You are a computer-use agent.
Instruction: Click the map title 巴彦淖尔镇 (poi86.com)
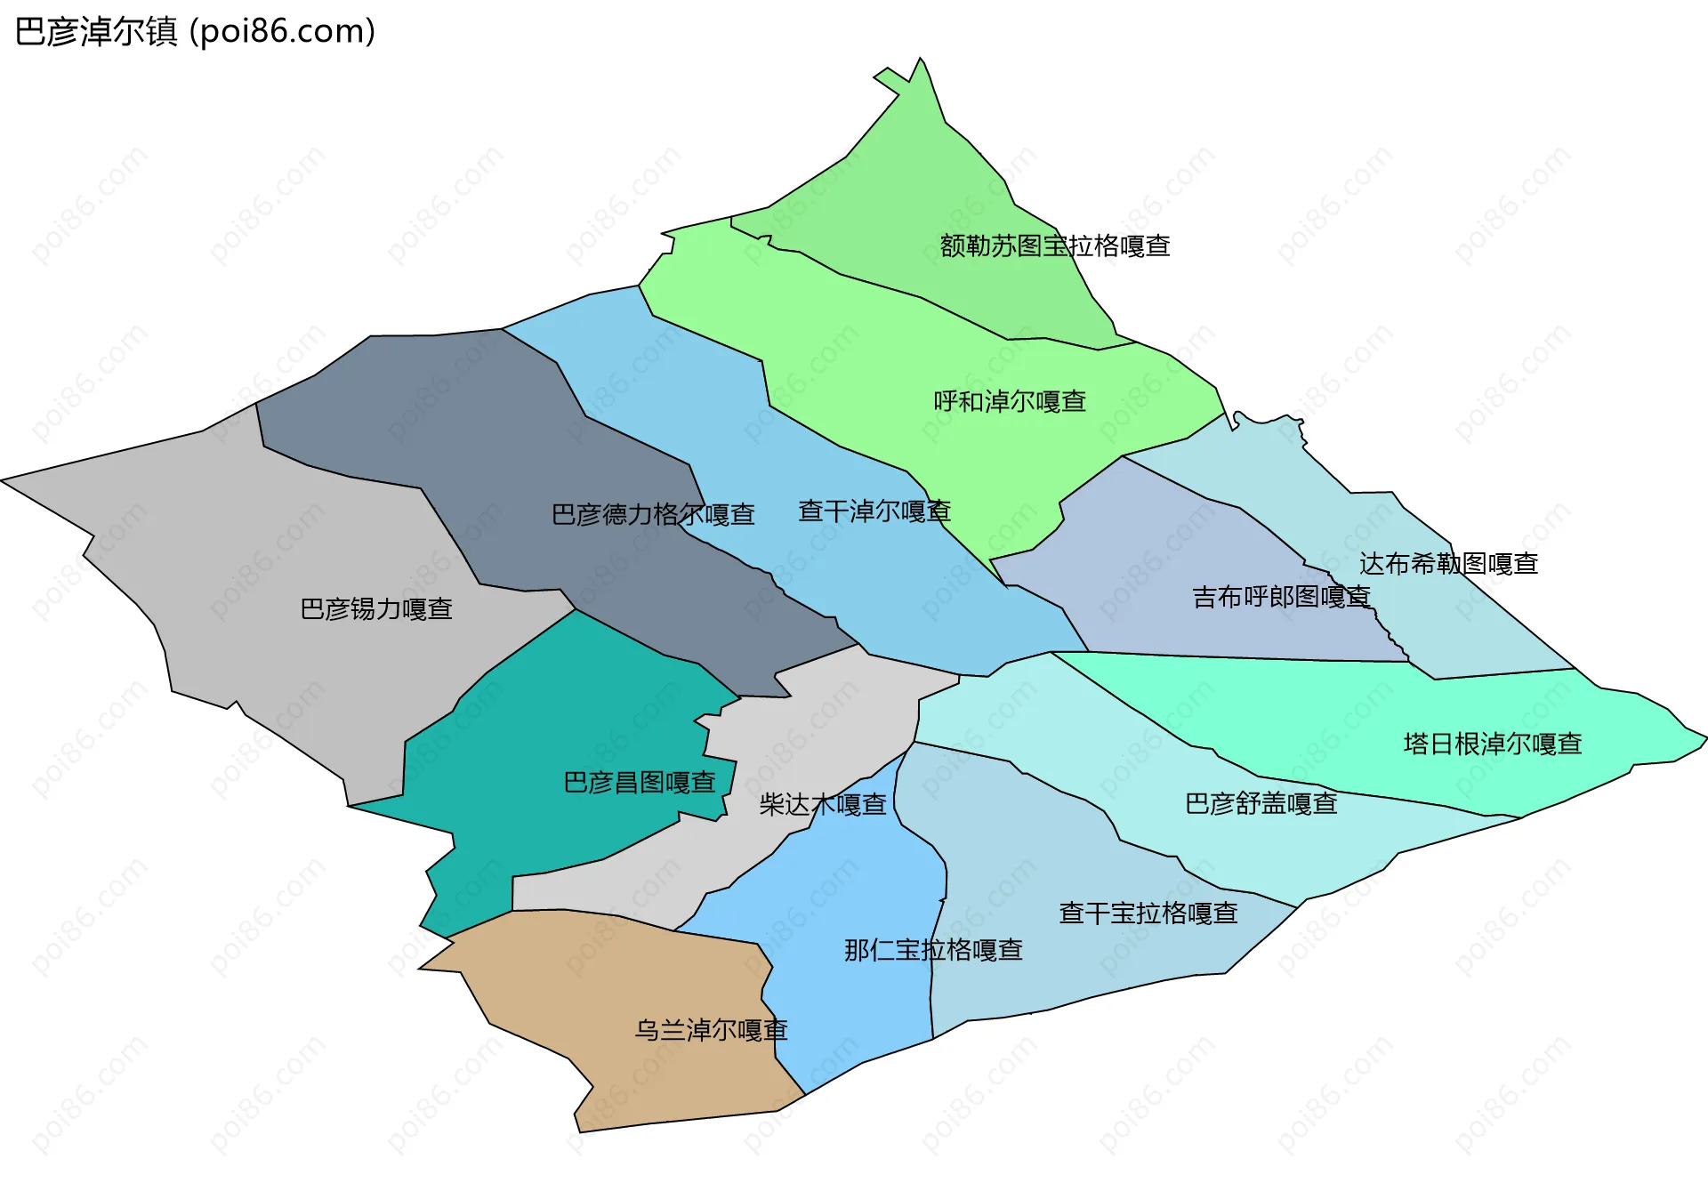click(196, 32)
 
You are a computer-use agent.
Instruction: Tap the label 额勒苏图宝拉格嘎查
click(1054, 245)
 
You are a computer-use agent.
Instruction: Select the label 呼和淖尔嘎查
click(1010, 401)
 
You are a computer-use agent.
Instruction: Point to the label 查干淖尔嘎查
click(874, 511)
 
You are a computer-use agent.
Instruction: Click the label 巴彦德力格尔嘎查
click(653, 514)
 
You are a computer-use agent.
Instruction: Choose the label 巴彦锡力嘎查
click(376, 608)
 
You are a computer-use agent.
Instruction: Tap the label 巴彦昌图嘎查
click(640, 782)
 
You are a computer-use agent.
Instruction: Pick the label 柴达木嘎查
click(823, 804)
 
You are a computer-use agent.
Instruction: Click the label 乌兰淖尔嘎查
click(711, 1030)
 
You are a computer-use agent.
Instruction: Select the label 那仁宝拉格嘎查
click(933, 950)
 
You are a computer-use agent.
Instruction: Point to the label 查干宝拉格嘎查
click(1148, 913)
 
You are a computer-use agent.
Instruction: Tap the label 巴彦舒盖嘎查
click(1261, 803)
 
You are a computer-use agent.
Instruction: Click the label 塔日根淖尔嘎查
click(1493, 743)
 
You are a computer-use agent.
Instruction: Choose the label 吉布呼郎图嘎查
click(1281, 596)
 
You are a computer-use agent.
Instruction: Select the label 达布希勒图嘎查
click(1448, 563)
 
